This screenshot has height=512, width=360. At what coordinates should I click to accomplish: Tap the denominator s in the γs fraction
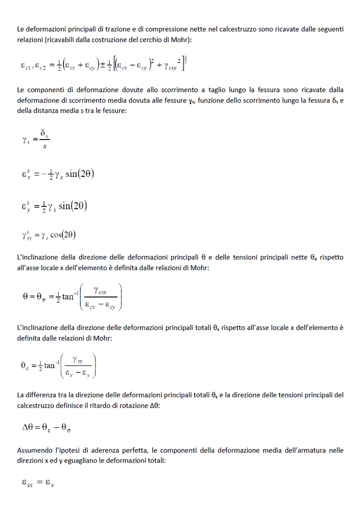44,147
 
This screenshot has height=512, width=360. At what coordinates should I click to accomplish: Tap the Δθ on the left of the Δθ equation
29,428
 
